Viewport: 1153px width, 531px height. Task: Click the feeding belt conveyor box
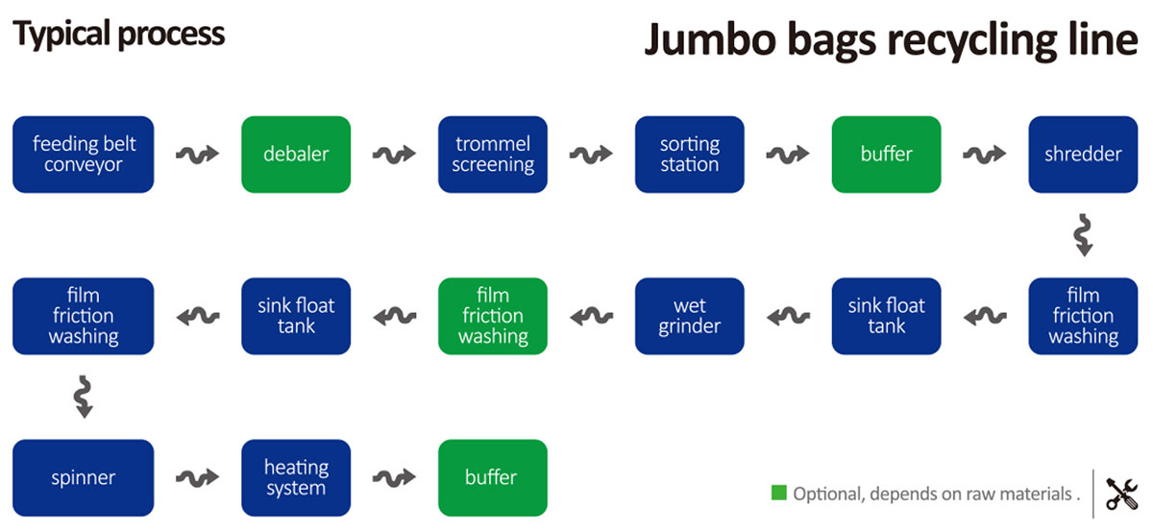pos(84,155)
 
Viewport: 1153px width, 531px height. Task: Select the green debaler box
pos(296,155)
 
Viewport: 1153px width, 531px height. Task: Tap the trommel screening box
pos(493,155)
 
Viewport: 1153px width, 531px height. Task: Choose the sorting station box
pos(689,155)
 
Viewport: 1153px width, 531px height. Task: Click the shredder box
pos(1083,155)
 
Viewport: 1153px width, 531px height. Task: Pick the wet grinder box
pos(689,316)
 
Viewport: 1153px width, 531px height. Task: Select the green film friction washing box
pos(493,316)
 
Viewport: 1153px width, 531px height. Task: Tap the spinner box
pos(84,477)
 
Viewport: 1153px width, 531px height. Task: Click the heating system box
pos(296,477)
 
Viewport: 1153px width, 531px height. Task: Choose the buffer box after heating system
pos(493,477)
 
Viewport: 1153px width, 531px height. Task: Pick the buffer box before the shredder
pos(886,155)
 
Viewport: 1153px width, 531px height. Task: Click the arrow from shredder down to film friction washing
pos(1083,235)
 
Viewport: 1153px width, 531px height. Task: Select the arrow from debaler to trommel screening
pos(394,154)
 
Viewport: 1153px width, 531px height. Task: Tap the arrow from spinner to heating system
pos(198,477)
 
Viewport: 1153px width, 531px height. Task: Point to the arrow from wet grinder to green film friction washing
pos(592,316)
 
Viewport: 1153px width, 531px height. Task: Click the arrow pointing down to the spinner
pos(84,397)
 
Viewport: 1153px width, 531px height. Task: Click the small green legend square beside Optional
pos(779,493)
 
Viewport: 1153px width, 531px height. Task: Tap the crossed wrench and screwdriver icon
pos(1121,494)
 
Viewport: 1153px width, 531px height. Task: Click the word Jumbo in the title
pos(710,39)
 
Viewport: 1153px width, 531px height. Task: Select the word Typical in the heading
pos(61,35)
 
